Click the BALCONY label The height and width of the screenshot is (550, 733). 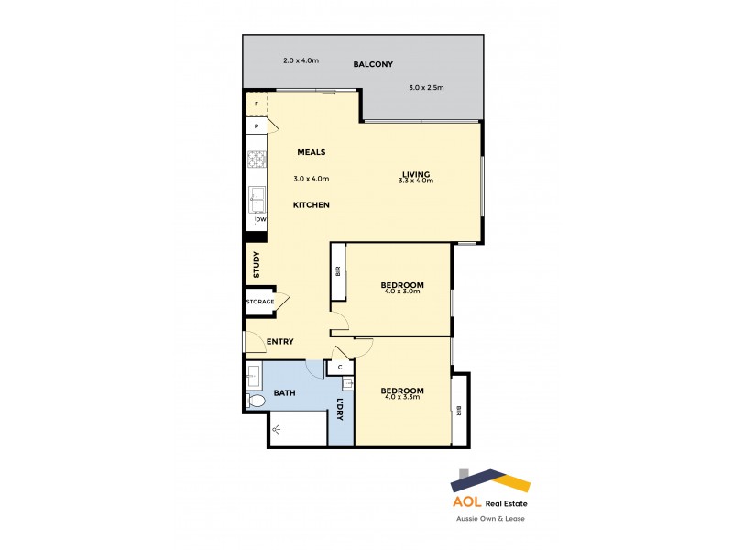point(373,65)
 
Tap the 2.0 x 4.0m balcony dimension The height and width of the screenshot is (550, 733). point(301,60)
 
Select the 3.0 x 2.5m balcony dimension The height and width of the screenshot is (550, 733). point(426,88)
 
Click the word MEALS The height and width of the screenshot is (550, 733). point(312,152)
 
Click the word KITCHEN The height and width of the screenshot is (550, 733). point(311,204)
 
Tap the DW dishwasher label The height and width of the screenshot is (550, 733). point(260,220)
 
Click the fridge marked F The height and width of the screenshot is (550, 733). point(257,104)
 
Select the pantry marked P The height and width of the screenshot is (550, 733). point(257,126)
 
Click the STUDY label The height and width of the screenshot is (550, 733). point(257,265)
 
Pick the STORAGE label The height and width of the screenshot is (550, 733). point(259,302)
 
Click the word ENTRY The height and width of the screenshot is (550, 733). point(279,342)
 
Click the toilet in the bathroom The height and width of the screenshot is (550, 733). point(257,401)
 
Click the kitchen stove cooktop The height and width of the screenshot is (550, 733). point(256,161)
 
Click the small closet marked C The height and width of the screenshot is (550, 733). point(340,368)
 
